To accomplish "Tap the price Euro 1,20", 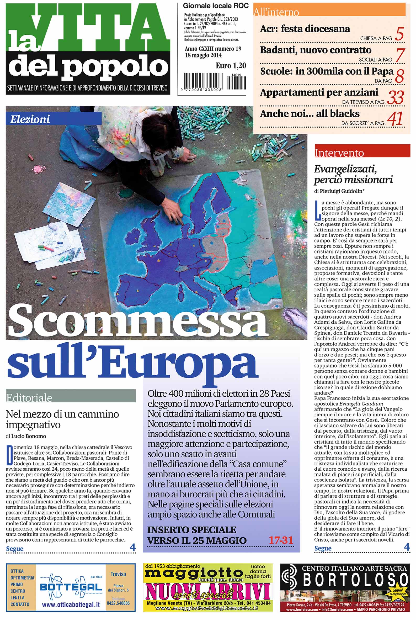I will pos(231,66).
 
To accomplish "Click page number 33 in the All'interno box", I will pos(395,97).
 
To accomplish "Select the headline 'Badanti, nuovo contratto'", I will pos(316,50).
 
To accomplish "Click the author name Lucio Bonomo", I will pos(28,436).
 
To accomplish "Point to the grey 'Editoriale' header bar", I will pos(71,398).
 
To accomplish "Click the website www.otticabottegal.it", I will pos(71,604).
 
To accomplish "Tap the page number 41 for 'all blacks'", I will pos(395,119).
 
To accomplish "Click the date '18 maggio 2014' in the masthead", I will pos(203,55).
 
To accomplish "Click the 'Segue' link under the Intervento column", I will pos(323,548).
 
